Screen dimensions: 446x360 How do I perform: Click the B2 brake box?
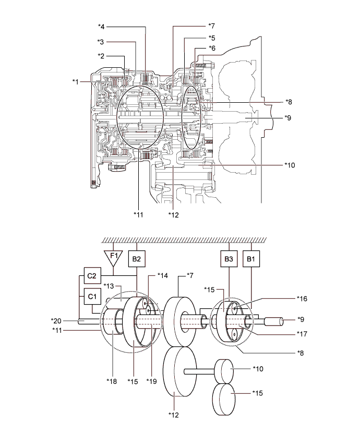[136, 257]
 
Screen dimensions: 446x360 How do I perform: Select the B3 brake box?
[230, 257]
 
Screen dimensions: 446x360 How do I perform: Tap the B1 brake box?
[252, 257]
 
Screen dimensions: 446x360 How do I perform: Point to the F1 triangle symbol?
[113, 256]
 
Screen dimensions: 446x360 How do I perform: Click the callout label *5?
[211, 38]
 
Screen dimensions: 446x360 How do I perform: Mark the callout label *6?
[211, 48]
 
